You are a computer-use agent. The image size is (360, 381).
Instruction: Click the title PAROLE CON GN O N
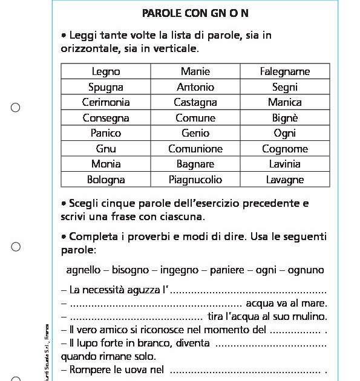(195, 13)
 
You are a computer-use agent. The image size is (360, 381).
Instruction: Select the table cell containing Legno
(106, 71)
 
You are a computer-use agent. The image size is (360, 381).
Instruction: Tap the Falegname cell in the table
(285, 71)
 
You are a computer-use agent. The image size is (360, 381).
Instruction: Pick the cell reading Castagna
(195, 102)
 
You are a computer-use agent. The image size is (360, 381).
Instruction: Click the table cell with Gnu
(106, 149)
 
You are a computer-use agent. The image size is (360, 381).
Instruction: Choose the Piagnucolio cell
(195, 180)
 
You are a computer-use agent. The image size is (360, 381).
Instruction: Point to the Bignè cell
(285, 118)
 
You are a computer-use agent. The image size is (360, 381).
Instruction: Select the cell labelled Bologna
(106, 180)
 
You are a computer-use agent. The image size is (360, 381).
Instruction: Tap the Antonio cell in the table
(195, 87)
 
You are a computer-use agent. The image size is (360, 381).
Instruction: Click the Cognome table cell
(285, 149)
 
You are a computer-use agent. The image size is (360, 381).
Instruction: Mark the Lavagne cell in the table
(285, 180)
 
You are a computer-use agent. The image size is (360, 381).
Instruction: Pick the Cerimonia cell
(106, 102)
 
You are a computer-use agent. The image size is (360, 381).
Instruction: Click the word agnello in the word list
(83, 270)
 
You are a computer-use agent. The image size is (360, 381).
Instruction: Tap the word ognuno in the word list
(306, 270)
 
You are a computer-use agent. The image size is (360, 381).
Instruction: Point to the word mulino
(310, 316)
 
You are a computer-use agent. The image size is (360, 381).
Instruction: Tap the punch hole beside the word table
(16, 108)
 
